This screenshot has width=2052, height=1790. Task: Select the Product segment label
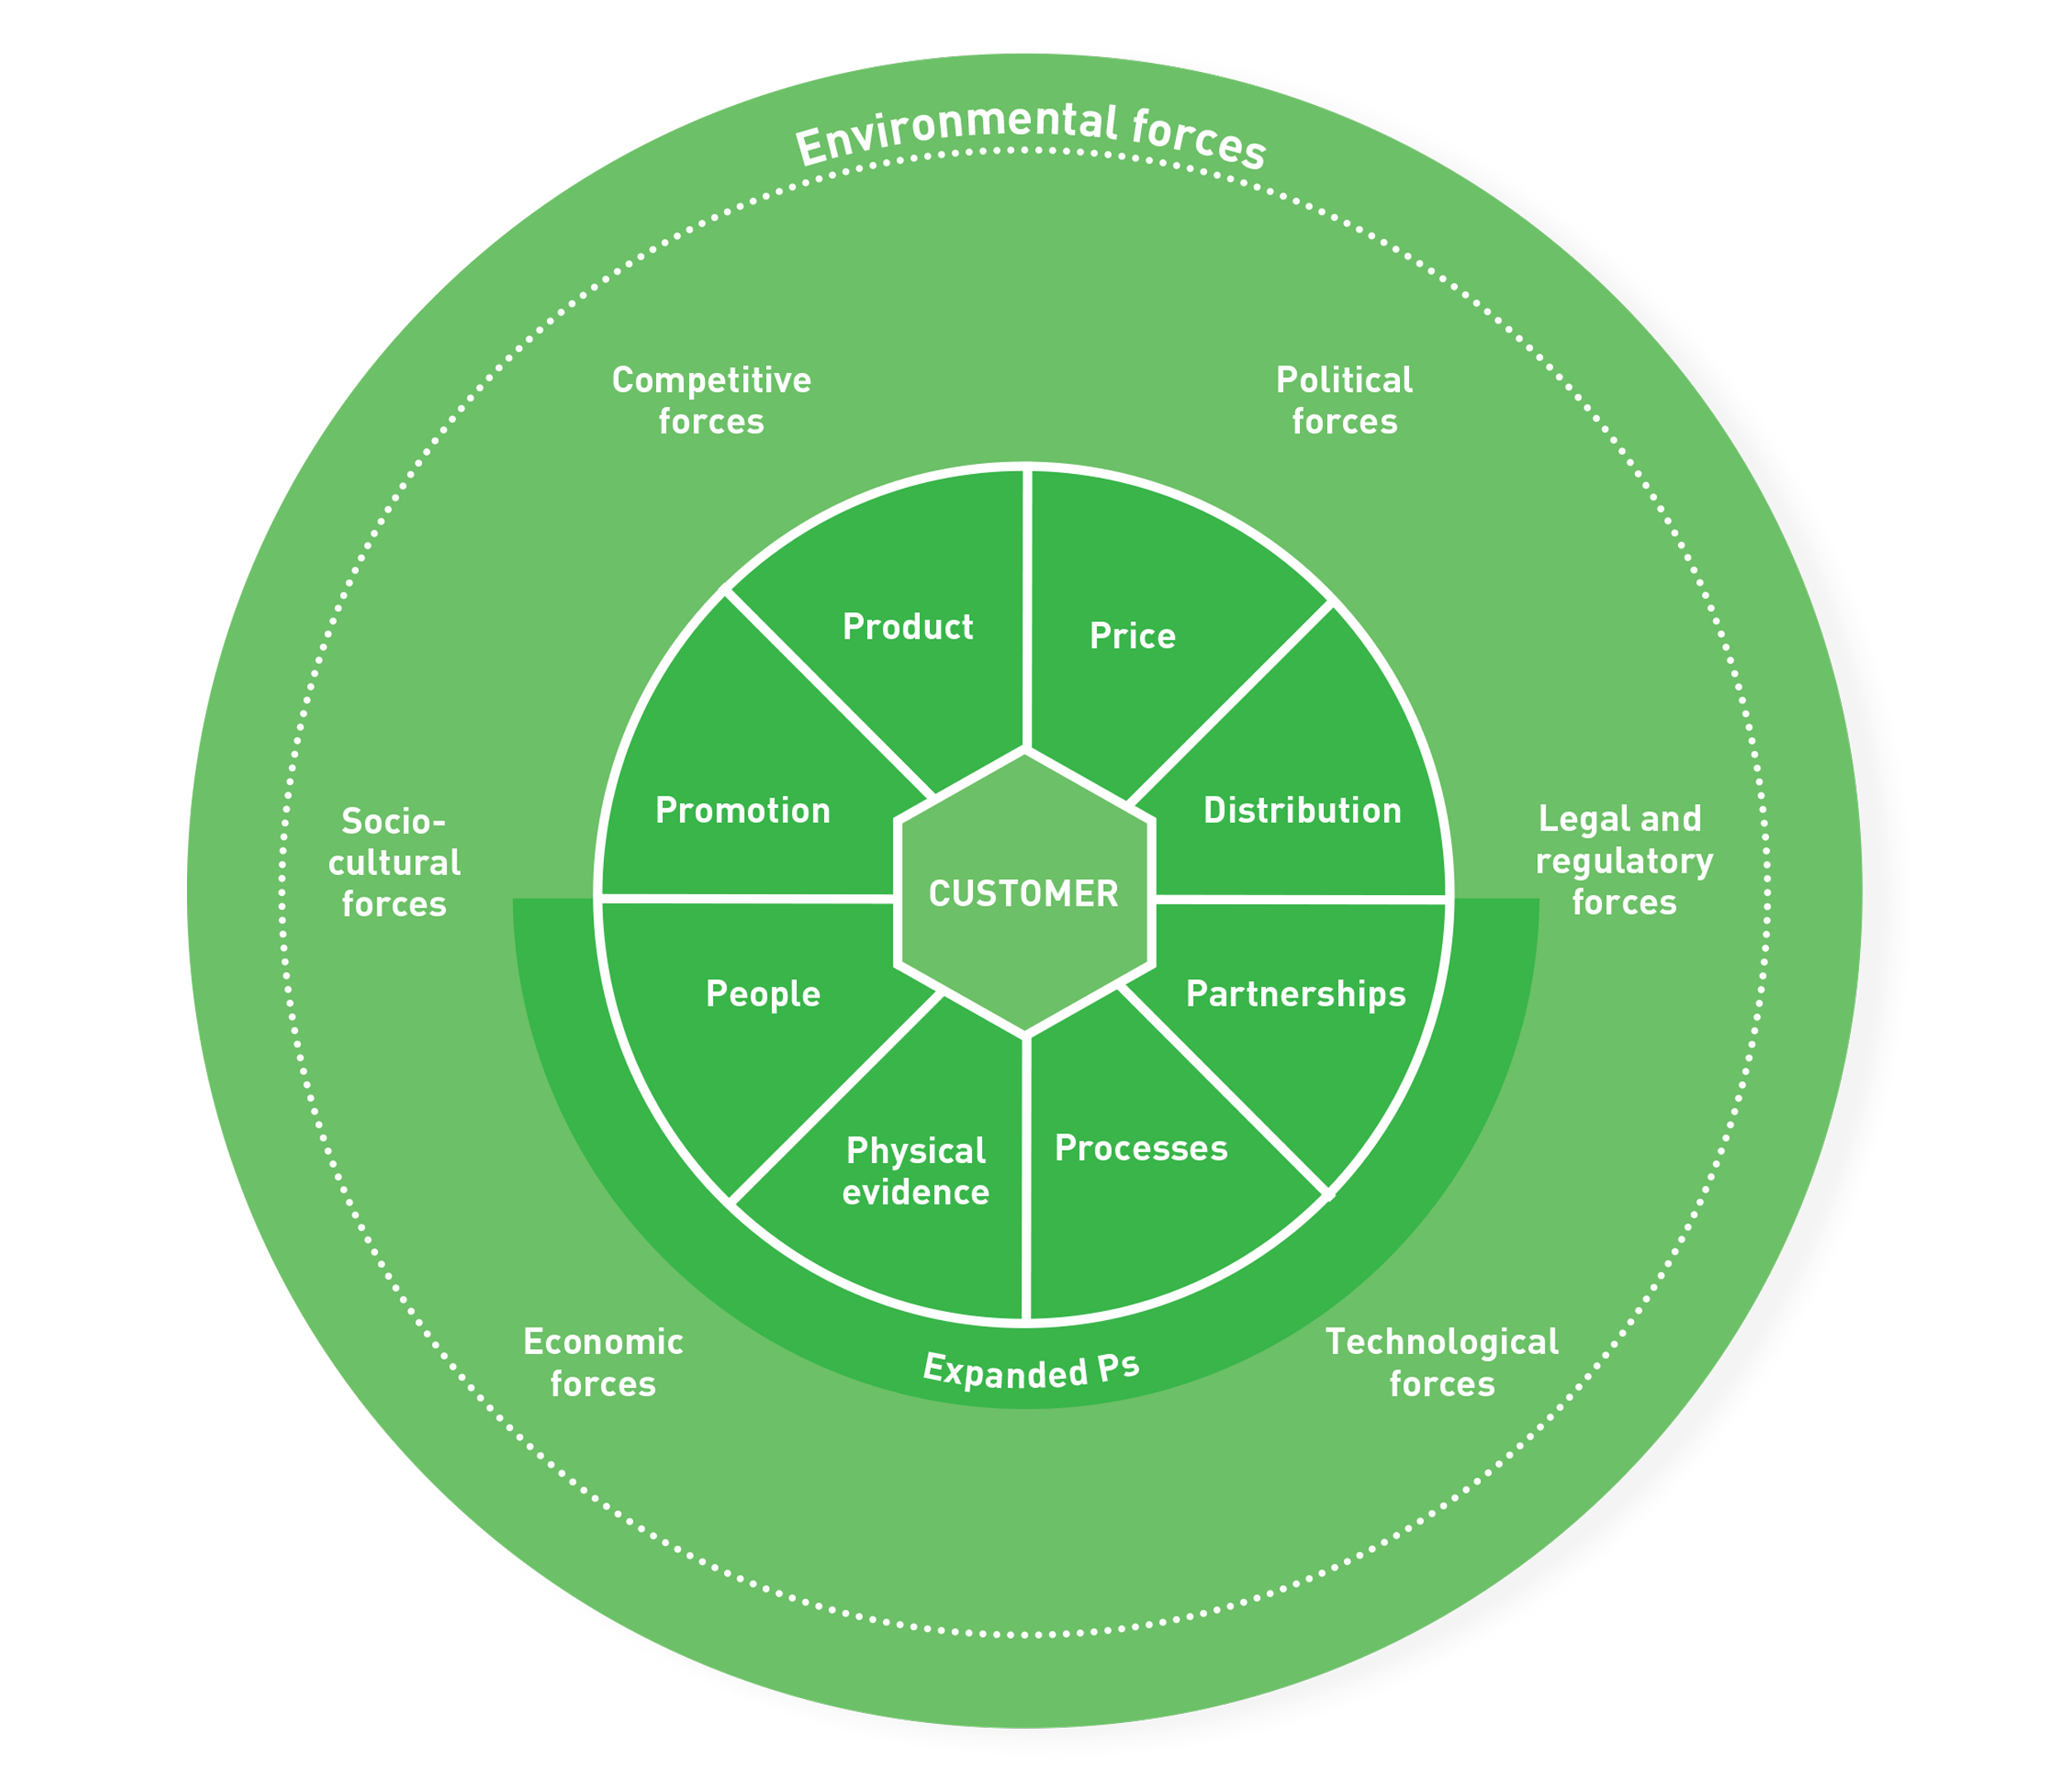(907, 627)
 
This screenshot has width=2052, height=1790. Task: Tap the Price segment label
(1132, 636)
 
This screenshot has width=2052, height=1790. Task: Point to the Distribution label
(1302, 810)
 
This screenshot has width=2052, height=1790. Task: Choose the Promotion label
(742, 810)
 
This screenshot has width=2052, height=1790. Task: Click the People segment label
(763, 994)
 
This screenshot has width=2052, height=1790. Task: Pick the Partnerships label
(1296, 994)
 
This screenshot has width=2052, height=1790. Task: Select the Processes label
(1141, 1148)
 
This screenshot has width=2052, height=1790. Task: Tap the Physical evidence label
(915, 1170)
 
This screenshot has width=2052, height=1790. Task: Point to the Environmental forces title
(1030, 135)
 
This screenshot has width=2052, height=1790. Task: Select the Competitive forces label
(712, 400)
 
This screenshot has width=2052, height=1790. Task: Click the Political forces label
(1344, 400)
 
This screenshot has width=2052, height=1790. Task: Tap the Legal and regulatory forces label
(1623, 860)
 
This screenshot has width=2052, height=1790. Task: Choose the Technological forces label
(1441, 1362)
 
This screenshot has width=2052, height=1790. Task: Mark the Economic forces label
(603, 1362)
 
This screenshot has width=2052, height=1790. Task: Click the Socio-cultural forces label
(394, 862)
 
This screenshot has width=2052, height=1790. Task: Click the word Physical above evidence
(915, 1151)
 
